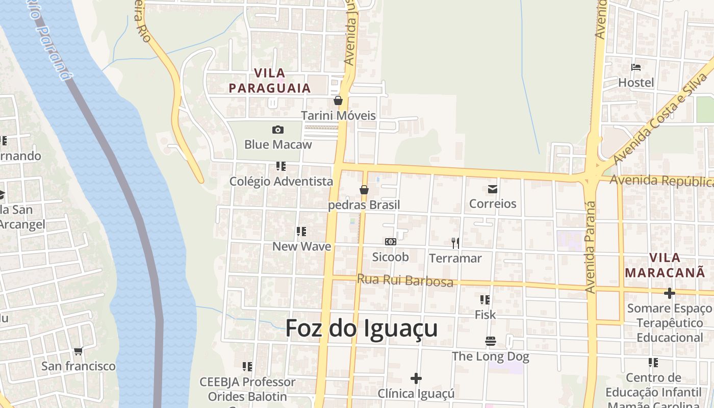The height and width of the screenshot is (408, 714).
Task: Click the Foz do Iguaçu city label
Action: [361, 328]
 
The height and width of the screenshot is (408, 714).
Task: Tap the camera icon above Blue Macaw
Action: [278, 130]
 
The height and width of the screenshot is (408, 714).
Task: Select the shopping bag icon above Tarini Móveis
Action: [338, 100]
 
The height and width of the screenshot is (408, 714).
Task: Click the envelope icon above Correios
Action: [493, 189]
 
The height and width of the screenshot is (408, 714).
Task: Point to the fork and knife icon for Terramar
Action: [455, 243]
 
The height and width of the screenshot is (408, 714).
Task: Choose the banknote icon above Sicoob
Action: [391, 242]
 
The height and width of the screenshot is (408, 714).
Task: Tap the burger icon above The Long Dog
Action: [491, 341]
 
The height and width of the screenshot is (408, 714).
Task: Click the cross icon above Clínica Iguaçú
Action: [416, 378]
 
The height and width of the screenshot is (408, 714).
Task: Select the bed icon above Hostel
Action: [636, 67]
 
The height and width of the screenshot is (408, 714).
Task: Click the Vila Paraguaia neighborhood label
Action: [269, 81]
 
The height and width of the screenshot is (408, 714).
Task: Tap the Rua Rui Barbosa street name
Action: [405, 280]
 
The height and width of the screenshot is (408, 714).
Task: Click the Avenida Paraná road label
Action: [591, 247]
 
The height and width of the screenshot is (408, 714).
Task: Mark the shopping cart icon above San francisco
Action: [78, 351]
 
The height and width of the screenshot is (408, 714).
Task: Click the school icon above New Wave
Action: [301, 232]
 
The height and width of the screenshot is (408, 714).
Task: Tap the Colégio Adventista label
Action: [281, 181]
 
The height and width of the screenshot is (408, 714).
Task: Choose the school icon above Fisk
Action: [485, 300]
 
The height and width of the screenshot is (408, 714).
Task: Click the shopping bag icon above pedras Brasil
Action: [364, 190]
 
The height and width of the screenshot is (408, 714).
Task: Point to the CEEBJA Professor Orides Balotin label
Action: [247, 389]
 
